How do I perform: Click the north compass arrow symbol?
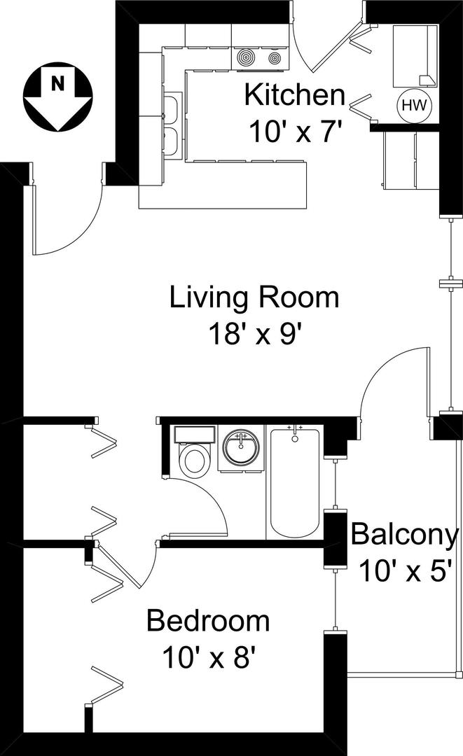coord(58,97)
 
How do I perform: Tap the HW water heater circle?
coord(414,105)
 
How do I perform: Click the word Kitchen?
coord(295,95)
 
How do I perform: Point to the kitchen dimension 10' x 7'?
coord(298,131)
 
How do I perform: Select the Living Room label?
coord(254,297)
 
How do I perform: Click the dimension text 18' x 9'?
coord(258,334)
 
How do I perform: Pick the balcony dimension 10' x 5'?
coord(406,571)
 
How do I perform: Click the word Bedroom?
coord(208,621)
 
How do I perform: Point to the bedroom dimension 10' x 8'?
coord(208,657)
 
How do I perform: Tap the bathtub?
coord(294,482)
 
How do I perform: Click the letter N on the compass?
coord(57,84)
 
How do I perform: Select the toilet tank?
coord(194,435)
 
